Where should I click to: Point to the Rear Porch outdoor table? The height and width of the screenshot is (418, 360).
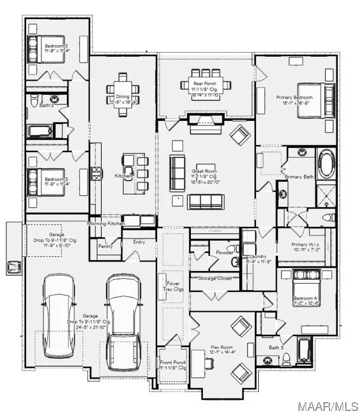click(206, 83)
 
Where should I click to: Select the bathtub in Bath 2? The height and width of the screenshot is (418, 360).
click(40, 131)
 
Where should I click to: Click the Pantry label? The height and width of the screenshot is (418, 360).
click(105, 246)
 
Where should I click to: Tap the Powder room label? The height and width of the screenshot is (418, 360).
click(224, 253)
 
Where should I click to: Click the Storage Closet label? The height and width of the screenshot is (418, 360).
click(214, 278)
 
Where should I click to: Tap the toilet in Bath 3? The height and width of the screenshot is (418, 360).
click(284, 359)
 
